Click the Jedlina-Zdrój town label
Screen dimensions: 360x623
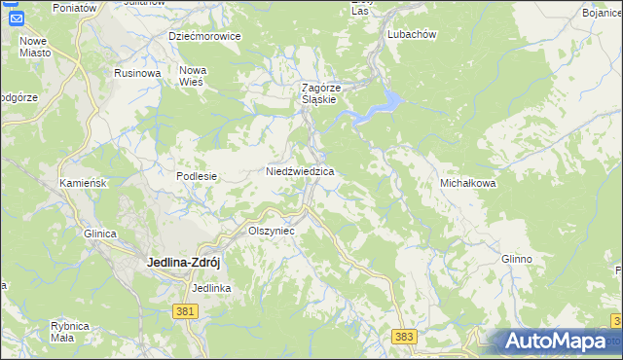187,262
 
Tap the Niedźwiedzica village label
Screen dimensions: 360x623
301,171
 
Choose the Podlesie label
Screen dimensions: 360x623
196,176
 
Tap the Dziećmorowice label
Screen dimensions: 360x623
204,36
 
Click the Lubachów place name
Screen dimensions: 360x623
410,33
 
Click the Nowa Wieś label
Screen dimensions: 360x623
192,76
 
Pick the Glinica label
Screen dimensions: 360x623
100,234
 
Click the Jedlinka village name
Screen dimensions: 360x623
211,288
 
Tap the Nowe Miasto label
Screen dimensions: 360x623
34,47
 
